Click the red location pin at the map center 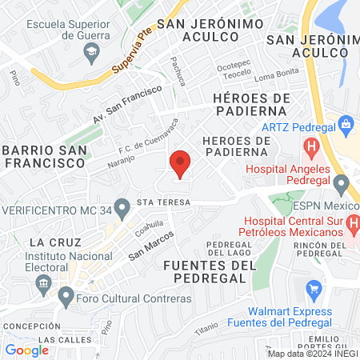pos(180,163)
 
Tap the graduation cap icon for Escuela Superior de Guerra pos(90,50)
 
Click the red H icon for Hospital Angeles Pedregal pos(311,147)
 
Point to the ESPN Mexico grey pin pos(342,186)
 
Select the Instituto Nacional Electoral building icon pos(43,282)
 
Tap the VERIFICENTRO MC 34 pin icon pos(122,210)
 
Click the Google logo pos(26,350)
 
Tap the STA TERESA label pos(163,203)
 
